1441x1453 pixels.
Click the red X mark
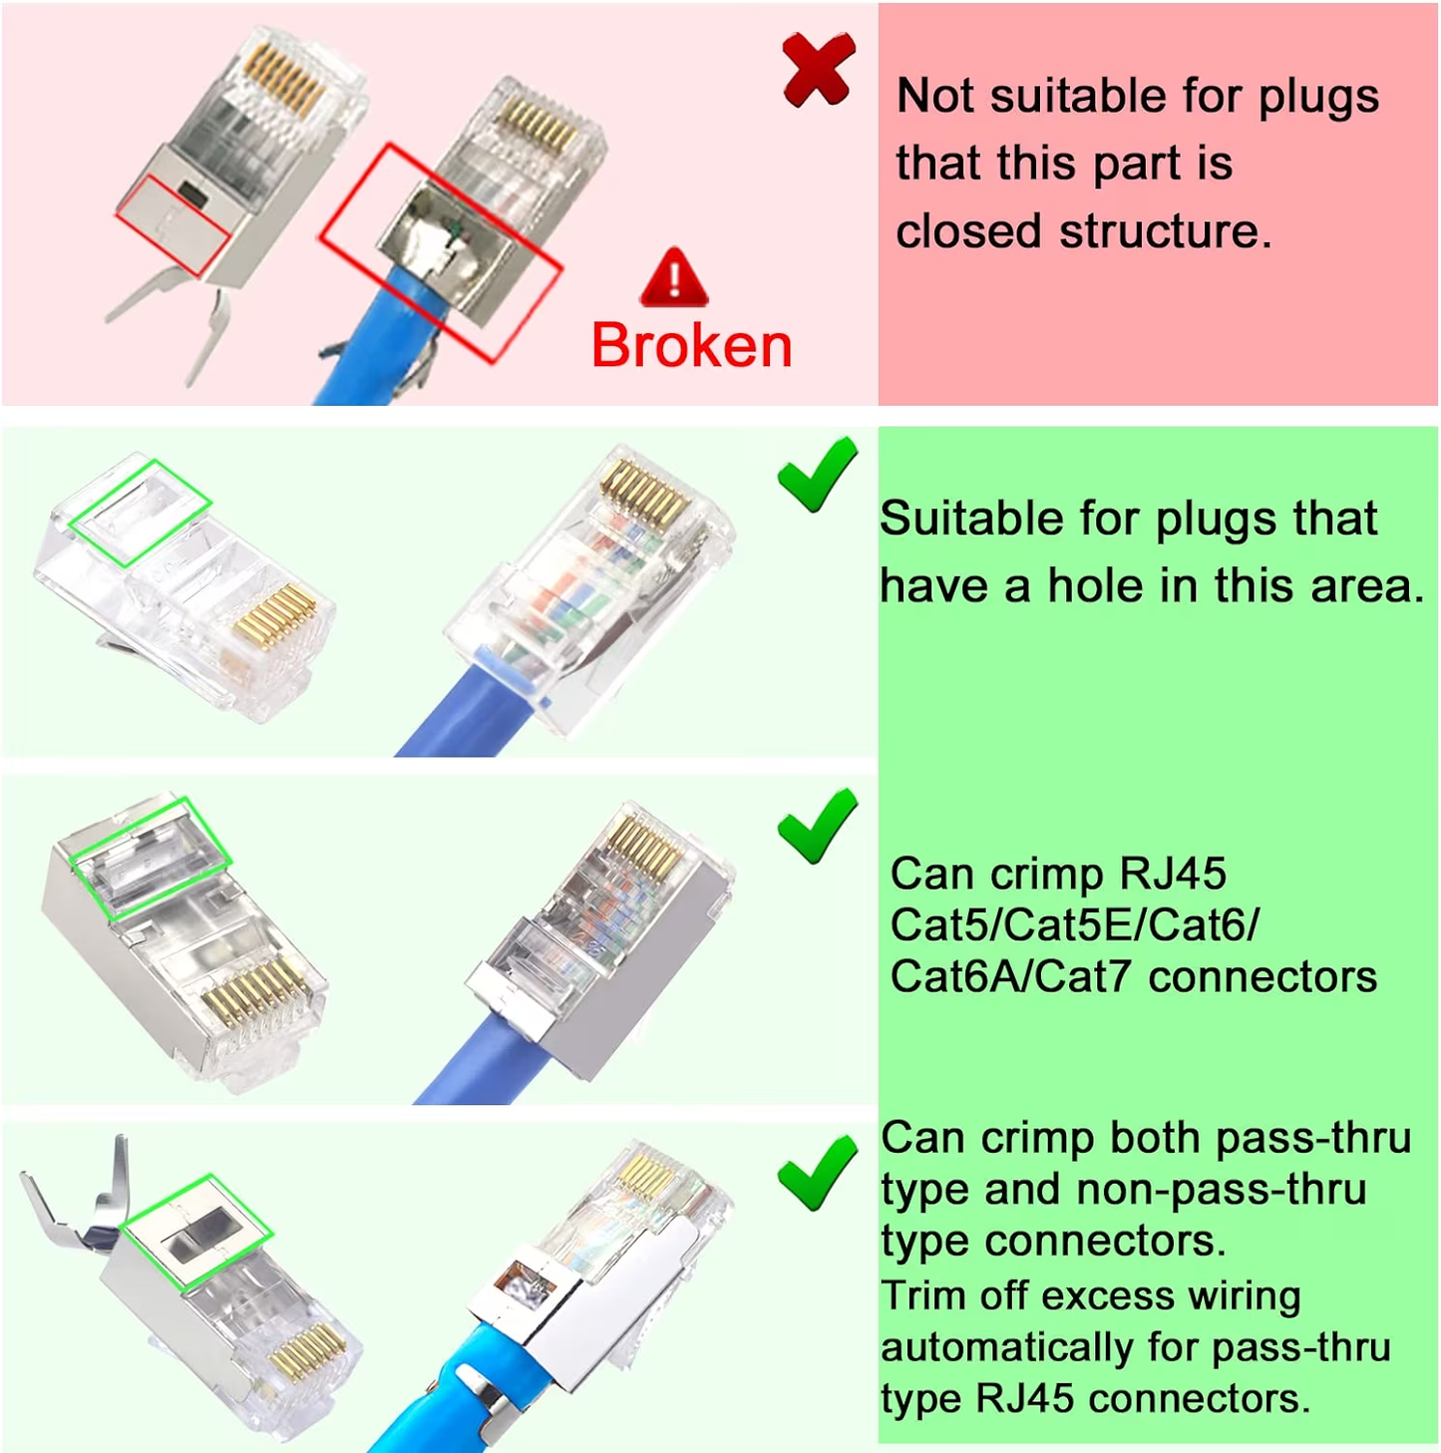click(818, 69)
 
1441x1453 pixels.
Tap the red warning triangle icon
click(674, 278)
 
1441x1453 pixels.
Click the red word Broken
click(691, 346)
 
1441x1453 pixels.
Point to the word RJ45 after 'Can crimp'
click(1173, 874)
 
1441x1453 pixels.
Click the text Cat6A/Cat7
click(1011, 976)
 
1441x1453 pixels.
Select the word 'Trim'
click(923, 1296)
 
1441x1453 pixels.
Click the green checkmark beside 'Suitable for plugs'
click(817, 475)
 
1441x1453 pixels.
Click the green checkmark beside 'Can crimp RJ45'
click(817, 826)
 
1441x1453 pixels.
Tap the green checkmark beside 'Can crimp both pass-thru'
click(817, 1173)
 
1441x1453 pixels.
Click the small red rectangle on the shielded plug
click(171, 224)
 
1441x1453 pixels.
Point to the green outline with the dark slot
click(196, 1234)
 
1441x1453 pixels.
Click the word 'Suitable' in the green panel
click(956, 520)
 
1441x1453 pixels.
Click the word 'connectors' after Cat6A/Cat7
click(1262, 976)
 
